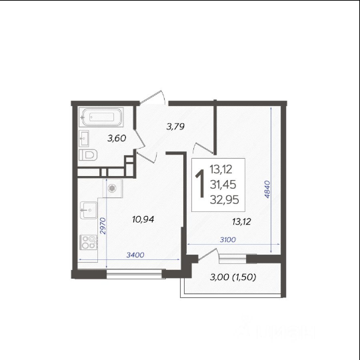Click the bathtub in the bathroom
click(x=101, y=117)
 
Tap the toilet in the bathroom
click(x=88, y=155)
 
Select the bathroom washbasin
click(x=84, y=138)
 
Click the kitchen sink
click(x=89, y=210)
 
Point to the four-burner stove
click(x=89, y=242)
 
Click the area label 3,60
click(x=117, y=138)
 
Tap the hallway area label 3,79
click(x=175, y=127)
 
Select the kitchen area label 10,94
click(x=143, y=219)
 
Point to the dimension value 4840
click(x=267, y=189)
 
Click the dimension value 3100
click(x=228, y=240)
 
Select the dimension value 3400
click(x=135, y=255)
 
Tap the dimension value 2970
click(x=103, y=226)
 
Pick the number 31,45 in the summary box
click(x=223, y=185)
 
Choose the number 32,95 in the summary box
click(x=224, y=200)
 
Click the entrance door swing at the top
click(x=153, y=97)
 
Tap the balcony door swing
click(x=208, y=254)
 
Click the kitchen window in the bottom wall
click(x=135, y=274)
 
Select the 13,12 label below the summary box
click(x=241, y=222)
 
